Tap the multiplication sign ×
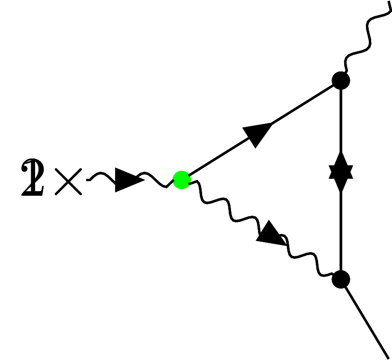pyautogui.click(x=68, y=181)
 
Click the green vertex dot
pyautogui.click(x=181, y=180)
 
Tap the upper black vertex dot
pyautogui.click(x=340, y=80)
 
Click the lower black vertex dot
pyautogui.click(x=340, y=279)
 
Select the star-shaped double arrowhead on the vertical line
pyautogui.click(x=341, y=172)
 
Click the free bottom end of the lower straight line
pyautogui.click(x=387, y=356)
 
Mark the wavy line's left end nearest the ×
pyautogui.click(x=88, y=179)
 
